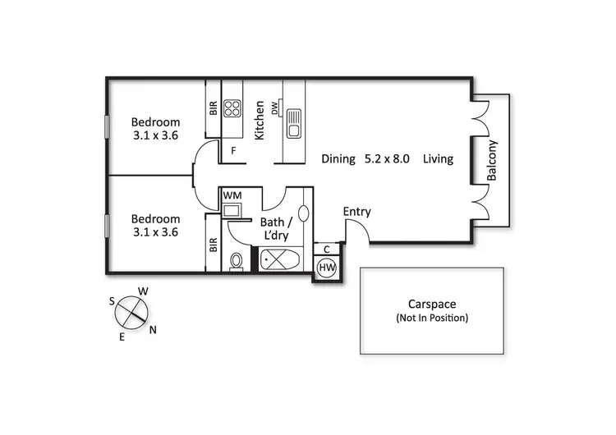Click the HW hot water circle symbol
coord(326,268)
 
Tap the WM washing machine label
coord(232,195)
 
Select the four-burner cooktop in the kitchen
coord(232,109)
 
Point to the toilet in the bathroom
coord(237,262)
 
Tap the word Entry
coord(356,212)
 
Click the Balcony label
coord(493,161)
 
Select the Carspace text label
coord(431,303)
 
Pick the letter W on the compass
coord(142,291)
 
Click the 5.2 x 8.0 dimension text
coord(387,159)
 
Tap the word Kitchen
coord(260,120)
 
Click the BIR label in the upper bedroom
coord(213,108)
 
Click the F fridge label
coord(233,151)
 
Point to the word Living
coord(438,159)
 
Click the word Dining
coord(338,159)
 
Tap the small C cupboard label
coord(326,249)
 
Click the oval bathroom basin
coord(304,213)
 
